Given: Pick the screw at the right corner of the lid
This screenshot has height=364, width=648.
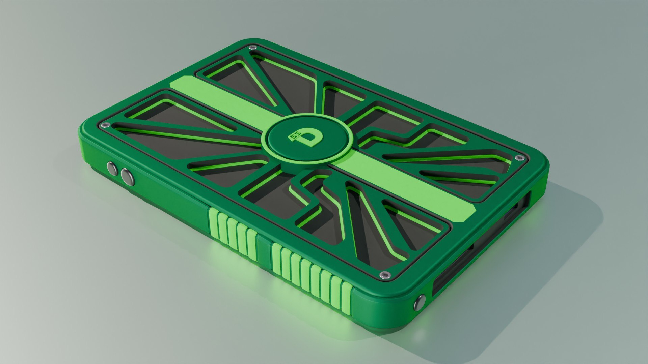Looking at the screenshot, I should [518, 158].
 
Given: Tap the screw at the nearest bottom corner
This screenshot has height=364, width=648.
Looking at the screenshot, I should [384, 275].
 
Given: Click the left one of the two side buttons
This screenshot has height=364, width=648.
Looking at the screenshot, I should [111, 168].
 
